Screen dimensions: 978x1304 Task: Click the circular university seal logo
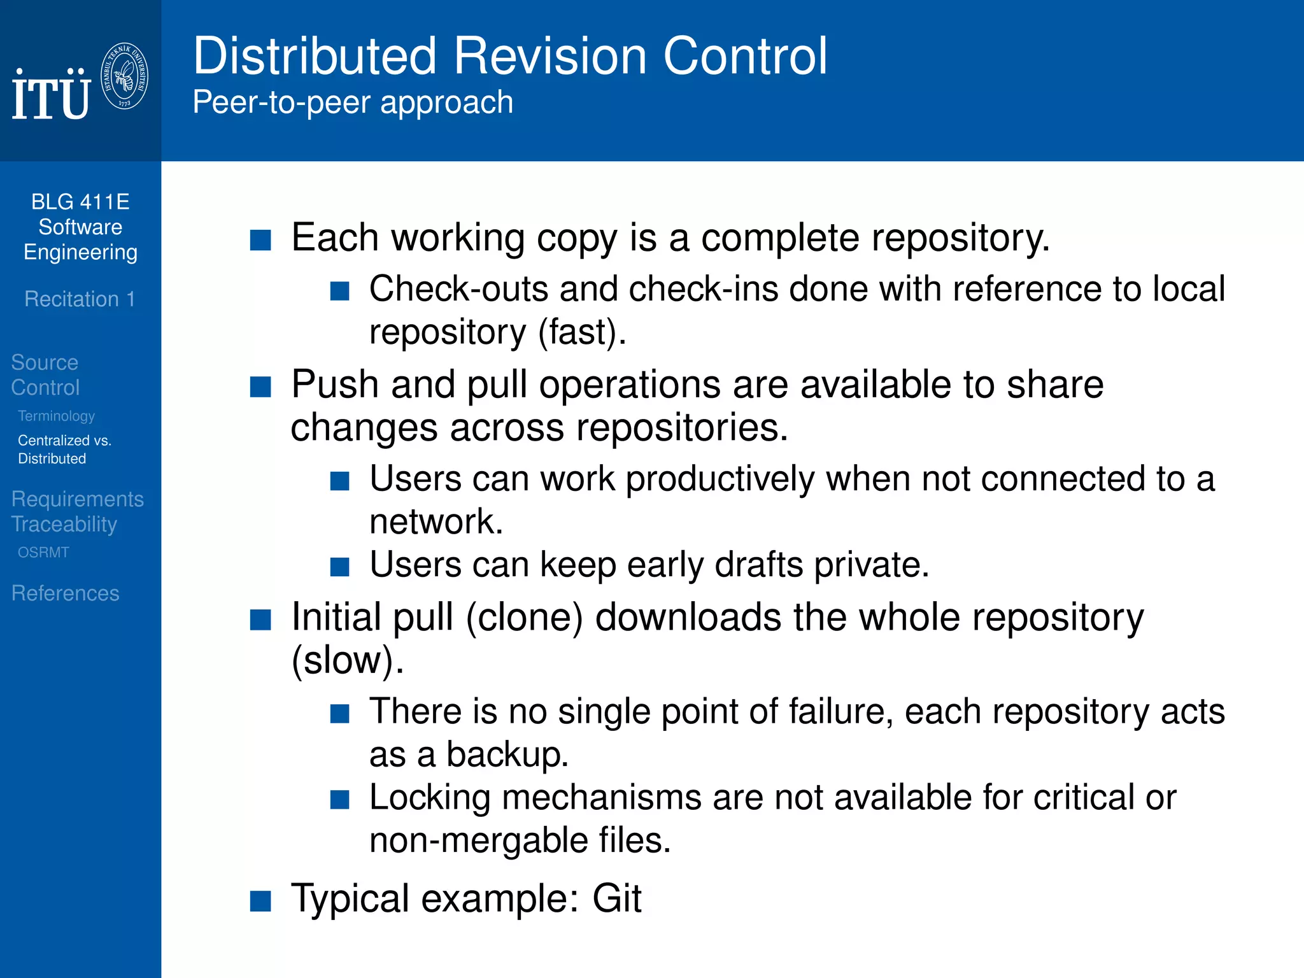125,76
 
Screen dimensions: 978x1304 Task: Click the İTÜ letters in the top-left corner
51,96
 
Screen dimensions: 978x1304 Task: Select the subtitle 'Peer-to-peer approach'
353,103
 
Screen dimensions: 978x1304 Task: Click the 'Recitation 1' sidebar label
80,299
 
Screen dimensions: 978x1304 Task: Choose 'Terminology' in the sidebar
56,416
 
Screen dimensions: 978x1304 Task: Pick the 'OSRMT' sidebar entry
43,553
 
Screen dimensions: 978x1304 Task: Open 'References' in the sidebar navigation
65,593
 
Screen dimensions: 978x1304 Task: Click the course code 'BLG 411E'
80,202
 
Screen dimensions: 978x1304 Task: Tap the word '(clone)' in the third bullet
524,618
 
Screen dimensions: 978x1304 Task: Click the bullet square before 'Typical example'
260,901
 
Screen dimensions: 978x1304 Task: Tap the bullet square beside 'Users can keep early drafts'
340,567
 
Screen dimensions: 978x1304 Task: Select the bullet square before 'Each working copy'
260,240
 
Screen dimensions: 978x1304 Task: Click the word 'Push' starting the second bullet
335,385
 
